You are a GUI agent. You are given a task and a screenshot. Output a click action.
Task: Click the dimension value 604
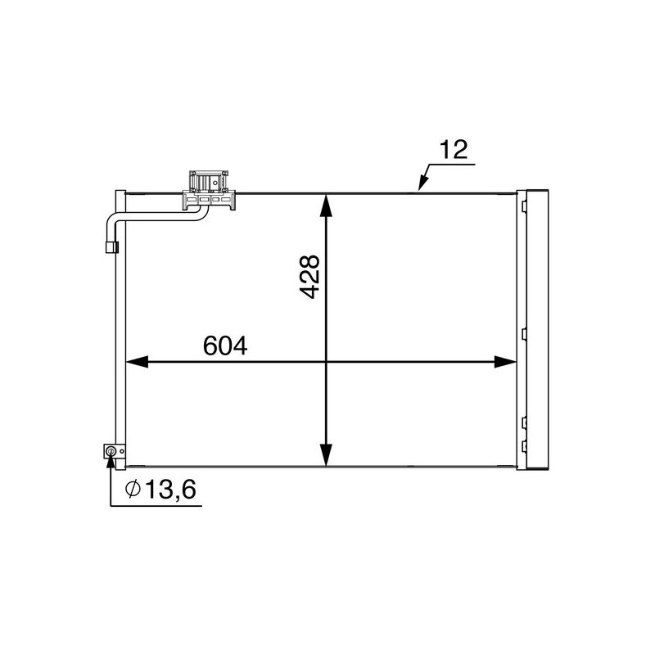[224, 346]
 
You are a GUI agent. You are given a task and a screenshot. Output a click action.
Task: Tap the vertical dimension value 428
[309, 276]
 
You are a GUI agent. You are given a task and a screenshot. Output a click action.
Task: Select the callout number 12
[452, 150]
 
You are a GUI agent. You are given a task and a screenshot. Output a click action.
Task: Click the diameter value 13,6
[170, 490]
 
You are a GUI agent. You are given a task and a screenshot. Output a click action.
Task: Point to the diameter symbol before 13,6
[133, 490]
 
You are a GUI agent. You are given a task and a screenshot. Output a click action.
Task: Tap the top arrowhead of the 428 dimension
[326, 205]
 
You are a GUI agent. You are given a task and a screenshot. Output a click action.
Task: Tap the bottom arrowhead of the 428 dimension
[326, 455]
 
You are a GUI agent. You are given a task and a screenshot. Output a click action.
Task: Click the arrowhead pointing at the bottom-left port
[111, 461]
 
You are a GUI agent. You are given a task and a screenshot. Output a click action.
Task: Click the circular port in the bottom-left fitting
[111, 450]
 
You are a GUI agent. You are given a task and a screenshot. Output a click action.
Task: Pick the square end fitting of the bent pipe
[111, 246]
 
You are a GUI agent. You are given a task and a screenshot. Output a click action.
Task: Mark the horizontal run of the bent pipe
[156, 215]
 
